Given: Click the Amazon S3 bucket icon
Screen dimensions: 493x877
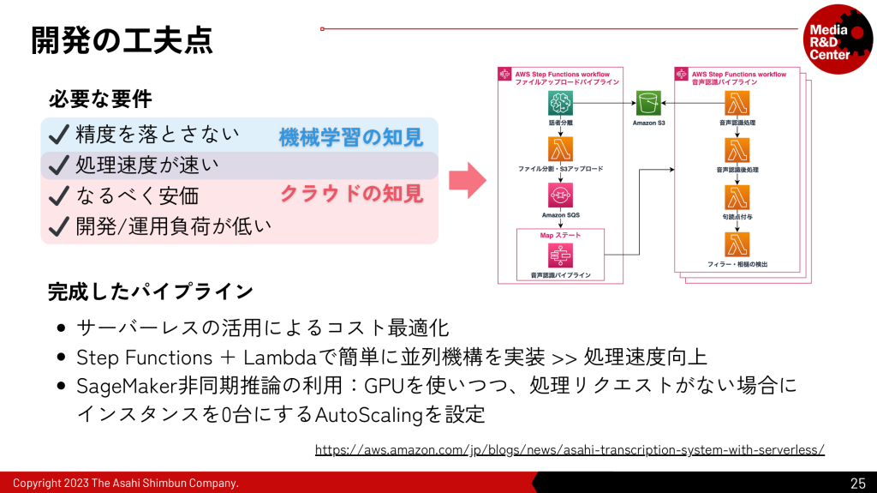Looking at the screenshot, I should pos(649,104).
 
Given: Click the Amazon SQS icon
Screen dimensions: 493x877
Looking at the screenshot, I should pos(561,195).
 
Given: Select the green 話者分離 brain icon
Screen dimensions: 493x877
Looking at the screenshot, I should pos(561,104).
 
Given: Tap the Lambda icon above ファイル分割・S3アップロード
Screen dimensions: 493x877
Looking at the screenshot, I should pos(561,149).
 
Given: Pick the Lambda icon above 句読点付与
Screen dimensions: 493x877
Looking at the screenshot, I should pos(737,197).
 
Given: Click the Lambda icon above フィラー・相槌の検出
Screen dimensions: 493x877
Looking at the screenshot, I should pos(737,243).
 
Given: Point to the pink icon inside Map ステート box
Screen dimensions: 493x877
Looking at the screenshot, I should pos(561,256).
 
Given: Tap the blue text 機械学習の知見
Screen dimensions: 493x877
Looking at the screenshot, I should pos(350,136).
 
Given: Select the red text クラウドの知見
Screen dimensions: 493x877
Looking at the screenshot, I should pos(351,194).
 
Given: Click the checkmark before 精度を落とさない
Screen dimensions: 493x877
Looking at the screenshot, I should pos(58,135).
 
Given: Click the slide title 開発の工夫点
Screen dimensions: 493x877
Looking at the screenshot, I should pos(122,39).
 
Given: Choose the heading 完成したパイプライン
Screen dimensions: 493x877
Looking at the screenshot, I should pos(150,292).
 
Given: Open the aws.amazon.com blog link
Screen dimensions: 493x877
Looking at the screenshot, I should pos(570,449).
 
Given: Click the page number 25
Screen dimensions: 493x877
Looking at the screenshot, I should pos(857,483).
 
